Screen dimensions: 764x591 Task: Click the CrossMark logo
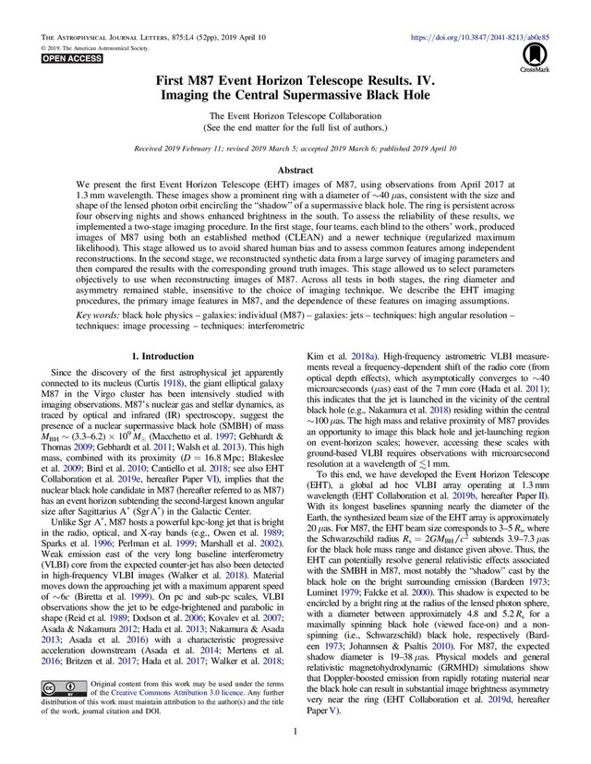pos(533,59)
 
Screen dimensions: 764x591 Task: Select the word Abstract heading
pos(295,172)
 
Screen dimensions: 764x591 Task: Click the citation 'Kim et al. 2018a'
pos(339,356)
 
